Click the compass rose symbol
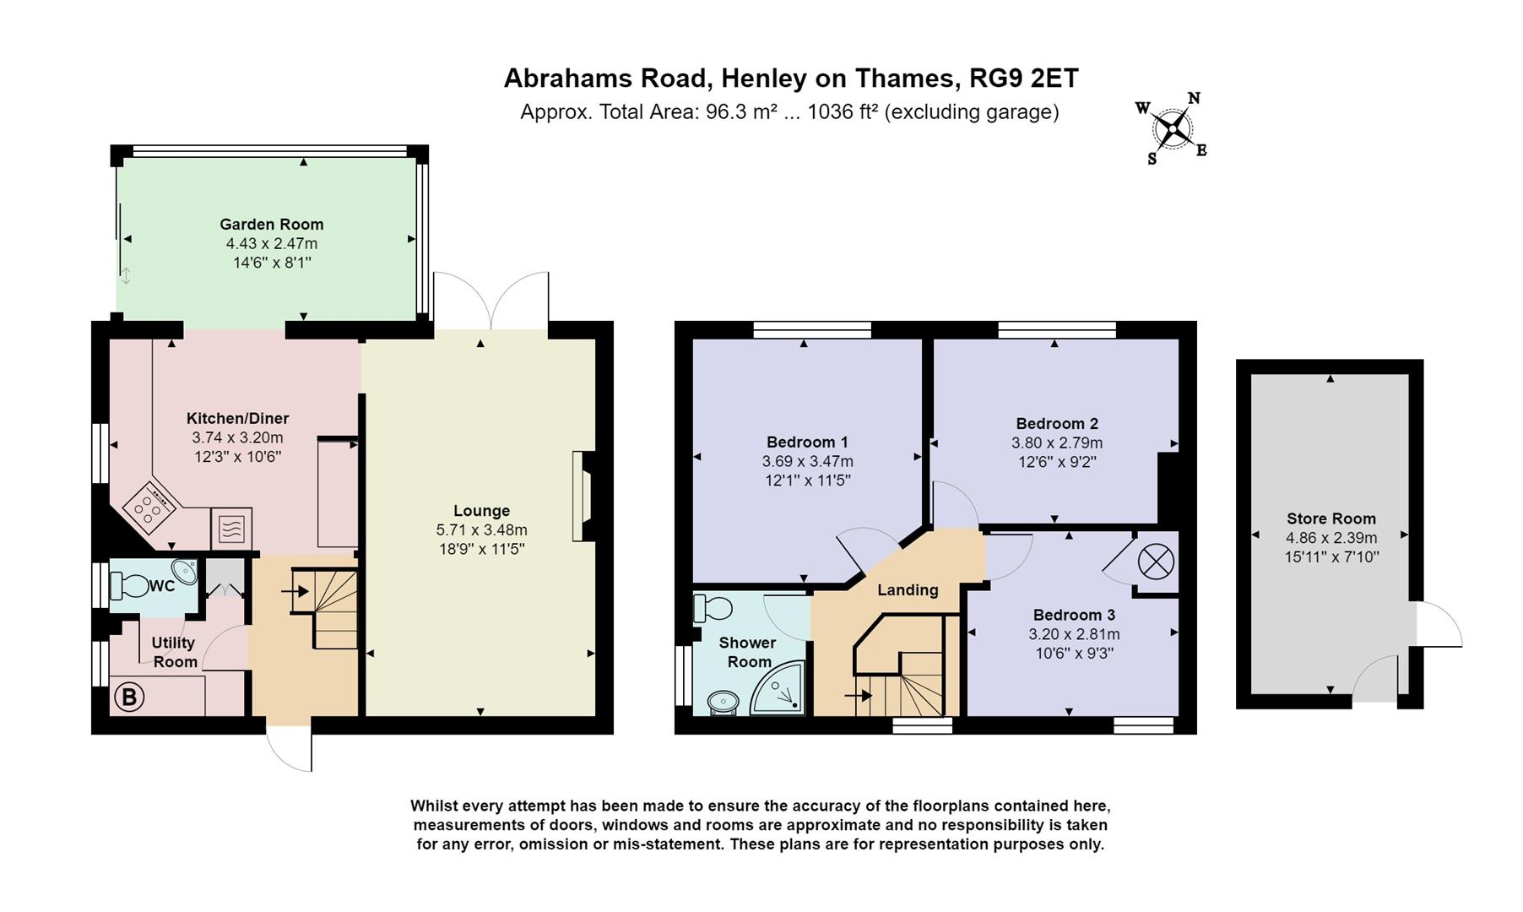point(1172,128)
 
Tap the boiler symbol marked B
point(129,698)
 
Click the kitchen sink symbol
point(230,529)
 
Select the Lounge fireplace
point(581,497)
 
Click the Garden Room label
point(271,224)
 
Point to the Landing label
point(908,589)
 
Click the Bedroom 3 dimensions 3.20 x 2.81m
point(1074,634)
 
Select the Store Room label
point(1331,518)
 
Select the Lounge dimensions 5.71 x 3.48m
point(481,530)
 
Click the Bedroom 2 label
point(1056,423)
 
